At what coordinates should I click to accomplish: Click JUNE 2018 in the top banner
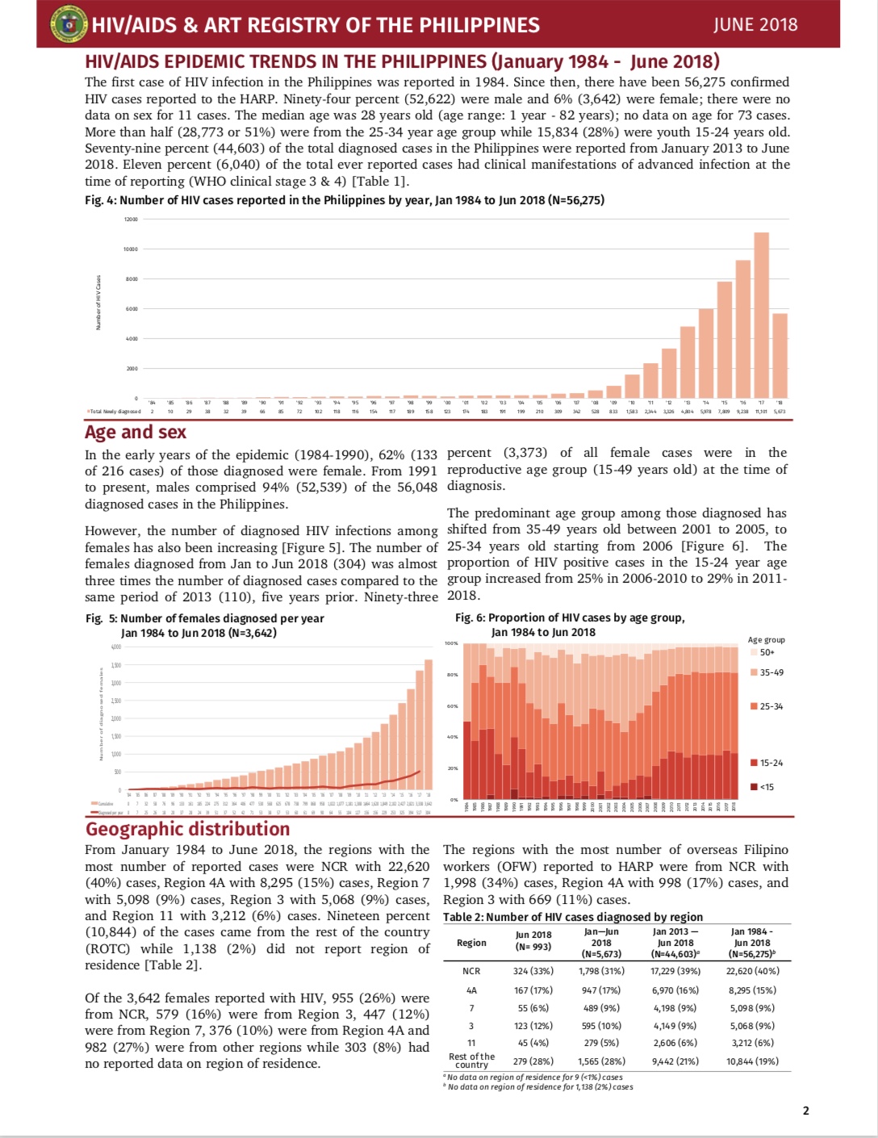(755, 24)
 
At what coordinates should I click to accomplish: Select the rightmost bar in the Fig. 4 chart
(780, 355)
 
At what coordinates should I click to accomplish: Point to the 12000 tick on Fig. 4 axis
(131, 220)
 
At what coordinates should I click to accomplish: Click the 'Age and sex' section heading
(136, 433)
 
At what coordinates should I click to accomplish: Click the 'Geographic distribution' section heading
(187, 829)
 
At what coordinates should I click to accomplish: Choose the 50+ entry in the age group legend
(767, 652)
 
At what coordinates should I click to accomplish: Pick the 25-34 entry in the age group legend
(771, 706)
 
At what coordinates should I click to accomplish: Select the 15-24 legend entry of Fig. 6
(771, 763)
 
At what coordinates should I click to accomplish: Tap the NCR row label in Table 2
(471, 971)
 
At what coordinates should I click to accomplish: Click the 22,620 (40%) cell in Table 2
(752, 971)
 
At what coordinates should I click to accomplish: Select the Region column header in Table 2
(471, 943)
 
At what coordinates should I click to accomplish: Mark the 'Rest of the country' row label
(471, 1061)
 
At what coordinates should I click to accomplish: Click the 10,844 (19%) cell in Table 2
(752, 1061)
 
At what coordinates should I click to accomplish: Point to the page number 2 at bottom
(805, 1111)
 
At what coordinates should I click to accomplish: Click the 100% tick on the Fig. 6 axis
(451, 644)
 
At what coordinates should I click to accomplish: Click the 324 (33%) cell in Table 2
(533, 971)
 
